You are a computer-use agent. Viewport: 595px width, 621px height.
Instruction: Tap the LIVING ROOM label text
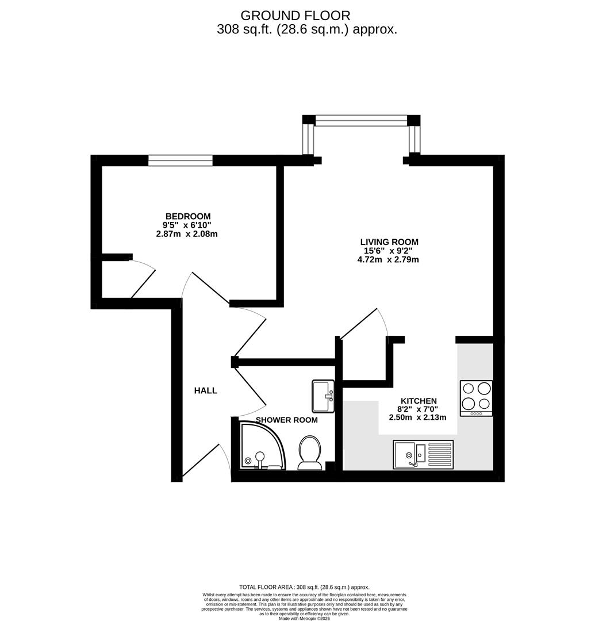coord(389,242)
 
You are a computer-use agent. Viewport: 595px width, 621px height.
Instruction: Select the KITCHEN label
coord(418,401)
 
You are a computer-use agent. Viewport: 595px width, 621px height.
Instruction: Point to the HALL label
coord(205,390)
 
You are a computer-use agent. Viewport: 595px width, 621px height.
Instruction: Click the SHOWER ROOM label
coord(286,420)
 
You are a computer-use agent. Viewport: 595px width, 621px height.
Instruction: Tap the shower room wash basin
coord(323,396)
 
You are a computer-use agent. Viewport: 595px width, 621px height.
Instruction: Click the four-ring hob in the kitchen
coord(476,397)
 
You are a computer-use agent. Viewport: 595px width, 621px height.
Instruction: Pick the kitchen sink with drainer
coord(423,455)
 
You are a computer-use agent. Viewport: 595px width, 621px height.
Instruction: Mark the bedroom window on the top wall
coord(181,160)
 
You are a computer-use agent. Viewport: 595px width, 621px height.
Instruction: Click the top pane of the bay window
coord(361,120)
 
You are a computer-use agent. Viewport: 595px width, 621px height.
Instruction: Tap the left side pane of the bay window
coord(309,140)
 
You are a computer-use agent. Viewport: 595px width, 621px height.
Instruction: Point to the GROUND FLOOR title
coord(295,16)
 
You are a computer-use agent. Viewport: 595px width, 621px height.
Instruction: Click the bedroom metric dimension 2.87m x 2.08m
coord(186,234)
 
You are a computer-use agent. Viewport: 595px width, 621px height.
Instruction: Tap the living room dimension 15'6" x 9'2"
coord(389,251)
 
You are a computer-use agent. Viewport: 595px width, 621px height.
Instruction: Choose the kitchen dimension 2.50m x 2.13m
coord(418,417)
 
